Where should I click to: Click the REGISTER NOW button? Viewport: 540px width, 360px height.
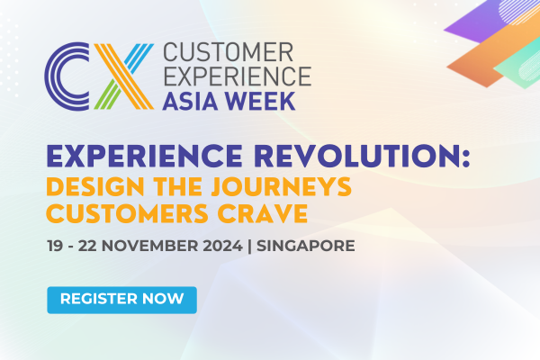121,298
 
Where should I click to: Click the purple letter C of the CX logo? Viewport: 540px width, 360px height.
67,74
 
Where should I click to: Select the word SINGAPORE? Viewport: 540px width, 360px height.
308,245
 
